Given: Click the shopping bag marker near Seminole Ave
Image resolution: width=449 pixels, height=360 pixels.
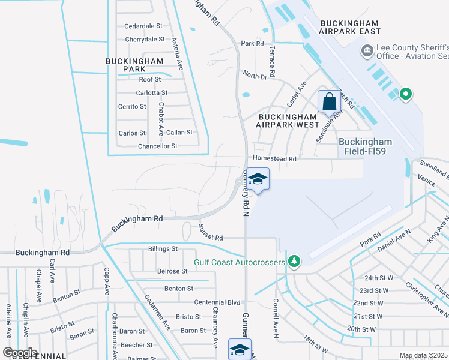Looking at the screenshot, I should click(x=329, y=101).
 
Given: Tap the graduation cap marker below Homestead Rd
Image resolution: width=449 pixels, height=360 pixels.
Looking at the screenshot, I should click(x=258, y=180).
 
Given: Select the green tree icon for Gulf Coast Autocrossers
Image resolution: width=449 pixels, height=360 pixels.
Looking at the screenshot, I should click(x=294, y=261).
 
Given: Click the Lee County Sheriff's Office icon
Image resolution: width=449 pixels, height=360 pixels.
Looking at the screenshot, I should click(x=366, y=52).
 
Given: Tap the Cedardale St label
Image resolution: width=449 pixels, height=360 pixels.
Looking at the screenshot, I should click(x=143, y=26).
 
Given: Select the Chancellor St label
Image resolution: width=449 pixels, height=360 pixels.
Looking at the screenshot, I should click(x=158, y=146).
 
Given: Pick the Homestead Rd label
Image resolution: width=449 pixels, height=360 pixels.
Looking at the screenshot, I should click(x=275, y=159).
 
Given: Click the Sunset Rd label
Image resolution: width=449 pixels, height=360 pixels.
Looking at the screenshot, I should click(x=210, y=237).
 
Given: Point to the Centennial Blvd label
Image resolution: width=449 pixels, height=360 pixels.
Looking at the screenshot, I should click(x=217, y=302).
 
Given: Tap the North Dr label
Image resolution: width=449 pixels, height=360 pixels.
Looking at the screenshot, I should click(x=255, y=74).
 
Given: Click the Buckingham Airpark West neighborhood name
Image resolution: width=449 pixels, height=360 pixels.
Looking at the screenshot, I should click(x=288, y=121).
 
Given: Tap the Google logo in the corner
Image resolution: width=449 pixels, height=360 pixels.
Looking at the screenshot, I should click(x=20, y=352).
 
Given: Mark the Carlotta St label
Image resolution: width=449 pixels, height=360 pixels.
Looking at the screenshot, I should click(x=152, y=93).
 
